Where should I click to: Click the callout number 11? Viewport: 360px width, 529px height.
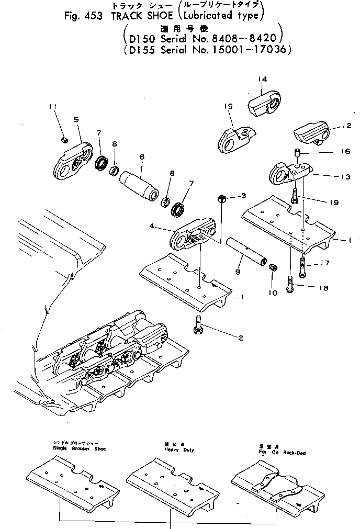click(52, 107)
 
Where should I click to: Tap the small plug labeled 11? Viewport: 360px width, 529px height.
click(64, 140)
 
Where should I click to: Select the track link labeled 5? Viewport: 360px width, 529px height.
click(73, 160)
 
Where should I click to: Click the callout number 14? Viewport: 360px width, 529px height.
click(262, 79)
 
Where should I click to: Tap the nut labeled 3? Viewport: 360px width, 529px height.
click(221, 199)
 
